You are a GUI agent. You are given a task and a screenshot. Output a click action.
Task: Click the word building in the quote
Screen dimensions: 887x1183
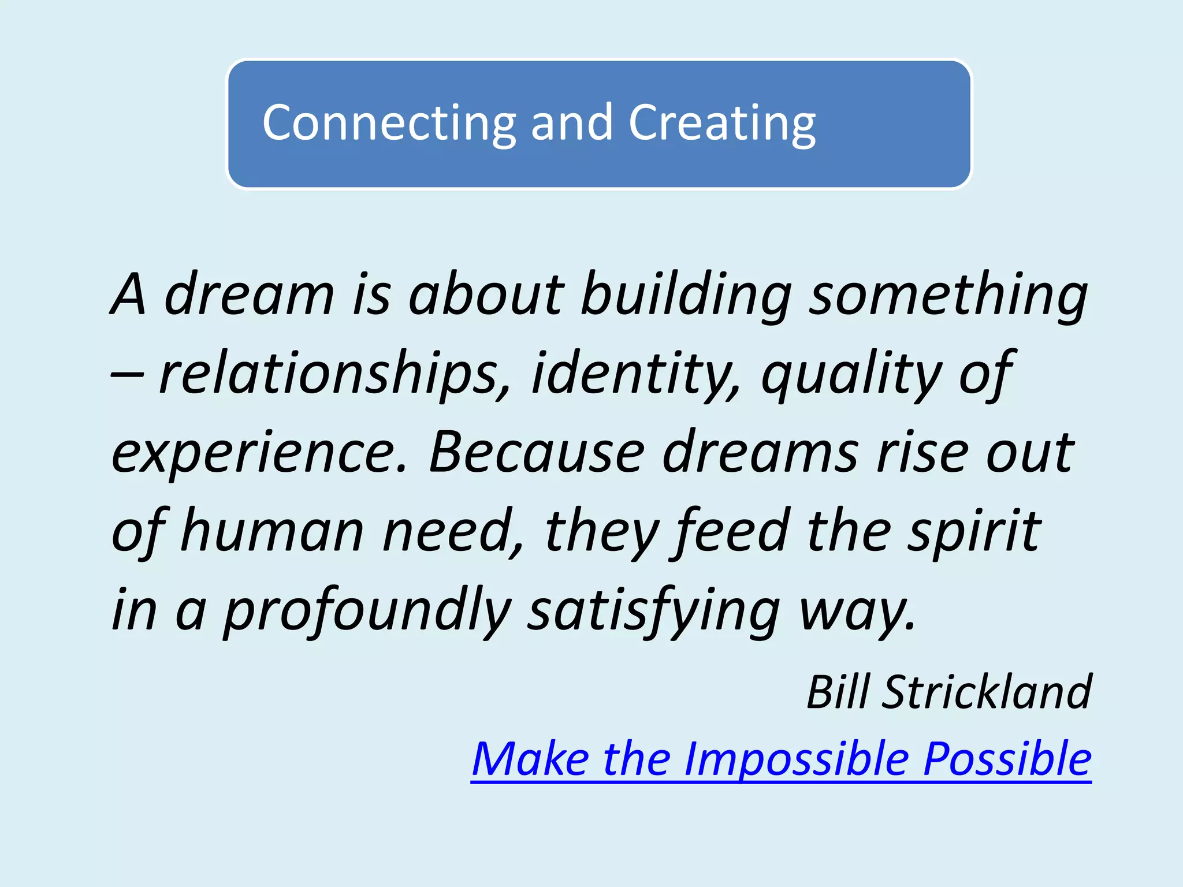686,295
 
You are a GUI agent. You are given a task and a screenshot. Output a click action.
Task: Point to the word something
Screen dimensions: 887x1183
948,295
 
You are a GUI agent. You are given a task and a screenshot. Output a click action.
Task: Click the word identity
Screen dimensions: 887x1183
635,374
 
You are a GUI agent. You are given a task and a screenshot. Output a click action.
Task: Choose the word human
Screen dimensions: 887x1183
272,531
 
